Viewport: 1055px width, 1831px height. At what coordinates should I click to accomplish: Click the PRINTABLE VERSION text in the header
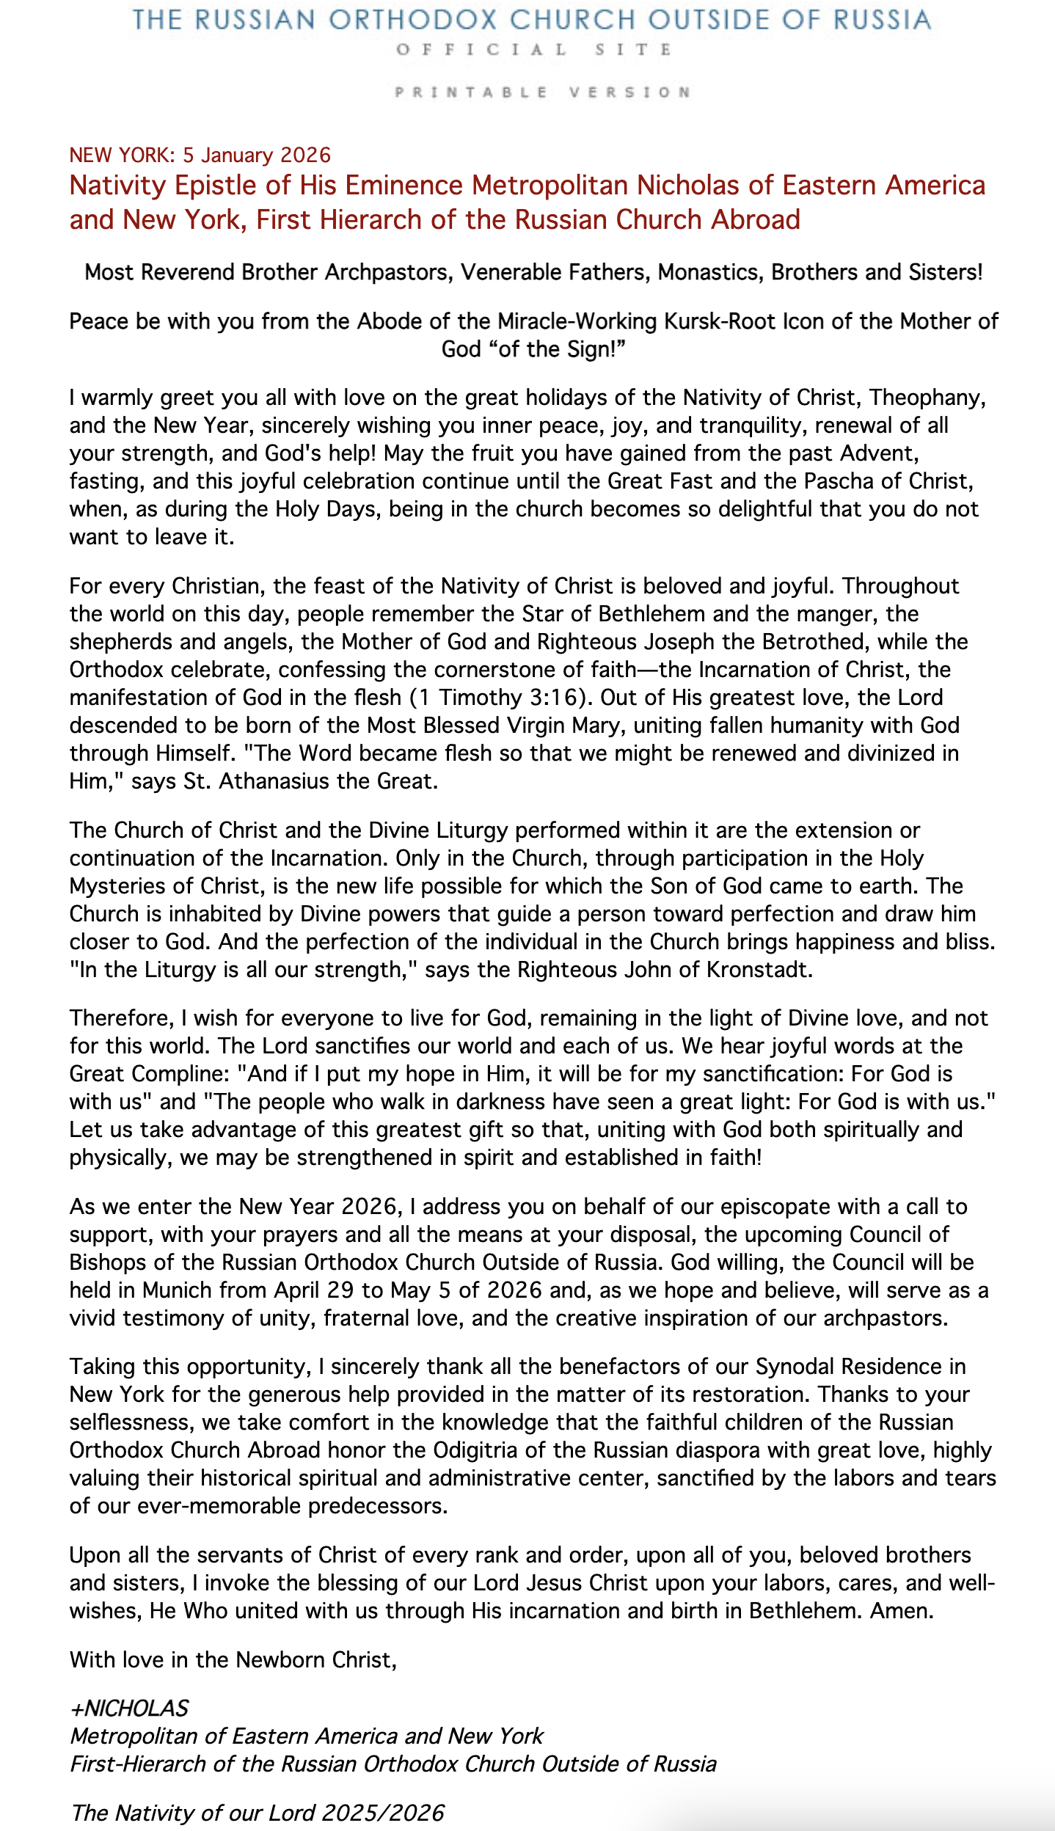tap(542, 92)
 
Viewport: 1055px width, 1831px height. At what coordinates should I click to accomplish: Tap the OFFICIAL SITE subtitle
tap(534, 50)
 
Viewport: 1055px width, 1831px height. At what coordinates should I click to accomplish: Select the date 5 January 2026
tap(257, 156)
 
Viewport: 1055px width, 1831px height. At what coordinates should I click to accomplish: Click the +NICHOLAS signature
tap(129, 1708)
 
